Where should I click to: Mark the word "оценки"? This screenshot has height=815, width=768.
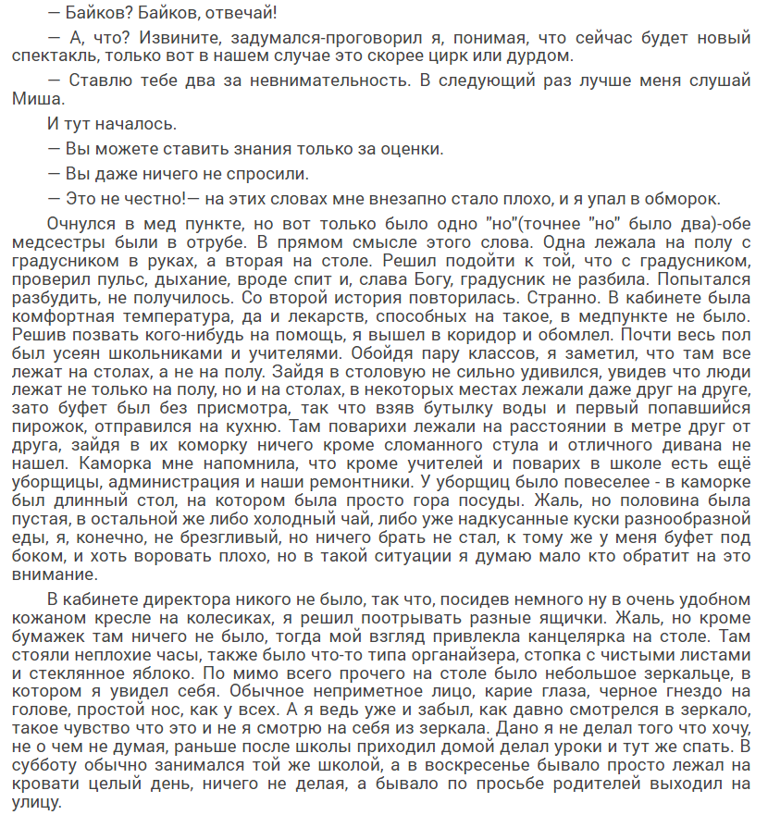pos(408,148)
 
